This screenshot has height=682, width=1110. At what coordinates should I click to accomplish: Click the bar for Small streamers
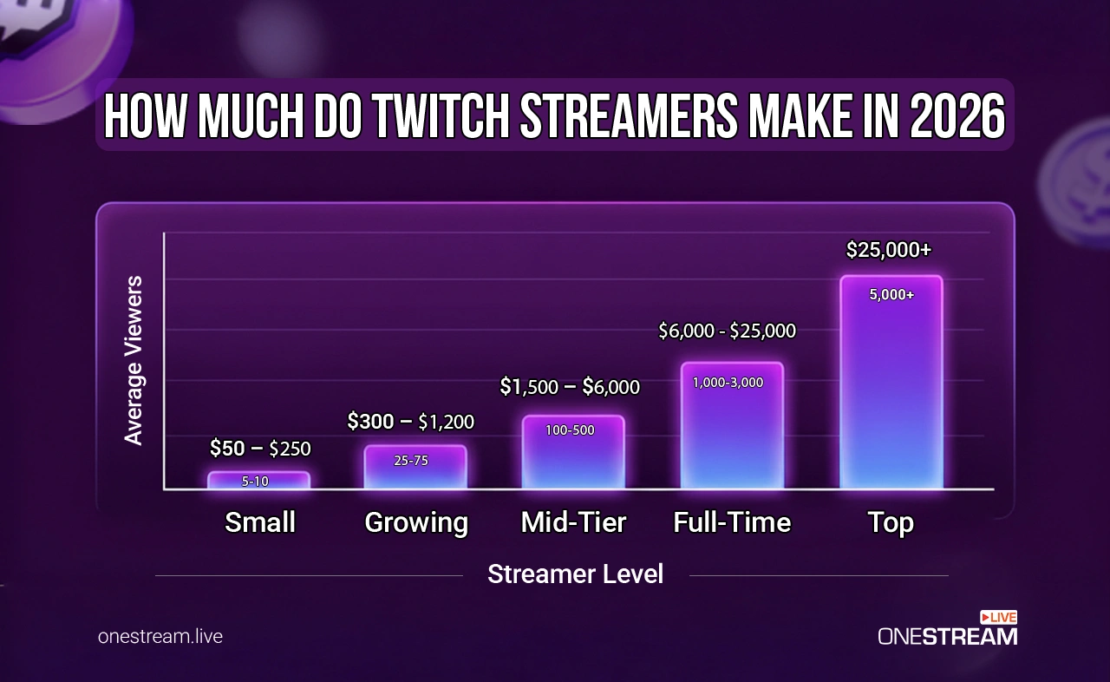pyautogui.click(x=258, y=481)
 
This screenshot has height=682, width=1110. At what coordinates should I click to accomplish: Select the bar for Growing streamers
pyautogui.click(x=415, y=468)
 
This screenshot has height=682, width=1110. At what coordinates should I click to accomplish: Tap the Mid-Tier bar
pyautogui.click(x=573, y=452)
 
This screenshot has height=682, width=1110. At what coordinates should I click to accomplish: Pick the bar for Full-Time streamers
pyautogui.click(x=732, y=426)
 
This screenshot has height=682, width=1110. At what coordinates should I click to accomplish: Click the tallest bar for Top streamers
pyautogui.click(x=891, y=383)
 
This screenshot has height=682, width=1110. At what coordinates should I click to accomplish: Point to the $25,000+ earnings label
pyautogui.click(x=888, y=250)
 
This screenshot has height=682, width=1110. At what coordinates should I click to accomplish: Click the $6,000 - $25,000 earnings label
pyautogui.click(x=727, y=331)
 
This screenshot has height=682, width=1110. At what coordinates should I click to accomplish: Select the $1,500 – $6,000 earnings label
pyautogui.click(x=570, y=387)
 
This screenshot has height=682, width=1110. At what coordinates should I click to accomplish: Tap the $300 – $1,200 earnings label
pyautogui.click(x=410, y=422)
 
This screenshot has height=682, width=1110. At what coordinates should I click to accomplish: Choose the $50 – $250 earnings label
pyautogui.click(x=259, y=449)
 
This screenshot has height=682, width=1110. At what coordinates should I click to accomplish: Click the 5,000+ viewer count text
pyautogui.click(x=891, y=295)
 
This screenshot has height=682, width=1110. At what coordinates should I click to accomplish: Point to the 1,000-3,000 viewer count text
pyautogui.click(x=728, y=382)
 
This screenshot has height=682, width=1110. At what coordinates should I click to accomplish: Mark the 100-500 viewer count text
pyautogui.click(x=570, y=430)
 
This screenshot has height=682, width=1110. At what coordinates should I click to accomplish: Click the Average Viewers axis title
pyautogui.click(x=133, y=360)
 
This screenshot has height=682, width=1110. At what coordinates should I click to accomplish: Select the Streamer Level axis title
pyautogui.click(x=575, y=574)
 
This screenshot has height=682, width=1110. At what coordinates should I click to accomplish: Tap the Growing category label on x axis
pyautogui.click(x=415, y=522)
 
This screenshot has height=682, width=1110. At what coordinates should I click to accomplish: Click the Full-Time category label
pyautogui.click(x=732, y=522)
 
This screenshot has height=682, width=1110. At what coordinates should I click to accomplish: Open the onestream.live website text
pyautogui.click(x=160, y=636)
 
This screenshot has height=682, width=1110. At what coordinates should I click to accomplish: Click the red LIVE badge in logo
pyautogui.click(x=998, y=617)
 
